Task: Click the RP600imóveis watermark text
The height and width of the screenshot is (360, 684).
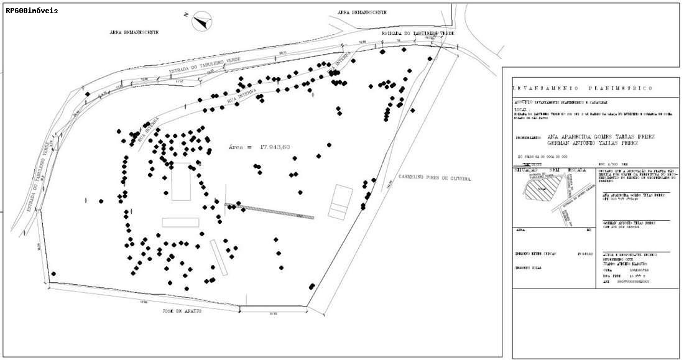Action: pyautogui.click(x=32, y=11)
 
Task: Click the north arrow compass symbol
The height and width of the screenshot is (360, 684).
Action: pyautogui.click(x=201, y=22)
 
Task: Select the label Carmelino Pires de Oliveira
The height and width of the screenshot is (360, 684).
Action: pyautogui.click(x=434, y=178)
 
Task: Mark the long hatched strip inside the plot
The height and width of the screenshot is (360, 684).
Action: pyautogui.click(x=269, y=211)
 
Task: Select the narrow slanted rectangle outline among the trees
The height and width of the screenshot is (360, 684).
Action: pyautogui.click(x=218, y=257)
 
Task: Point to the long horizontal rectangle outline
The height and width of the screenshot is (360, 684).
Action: pyautogui.click(x=180, y=222)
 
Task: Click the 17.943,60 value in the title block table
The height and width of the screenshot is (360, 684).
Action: pyautogui.click(x=585, y=254)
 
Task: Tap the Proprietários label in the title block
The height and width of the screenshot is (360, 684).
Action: pyautogui.click(x=530, y=137)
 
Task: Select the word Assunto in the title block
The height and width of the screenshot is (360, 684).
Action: pyautogui.click(x=522, y=102)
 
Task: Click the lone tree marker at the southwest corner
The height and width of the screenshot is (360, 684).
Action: pyautogui.click(x=53, y=274)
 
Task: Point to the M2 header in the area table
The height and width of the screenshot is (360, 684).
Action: pyautogui.click(x=589, y=229)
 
